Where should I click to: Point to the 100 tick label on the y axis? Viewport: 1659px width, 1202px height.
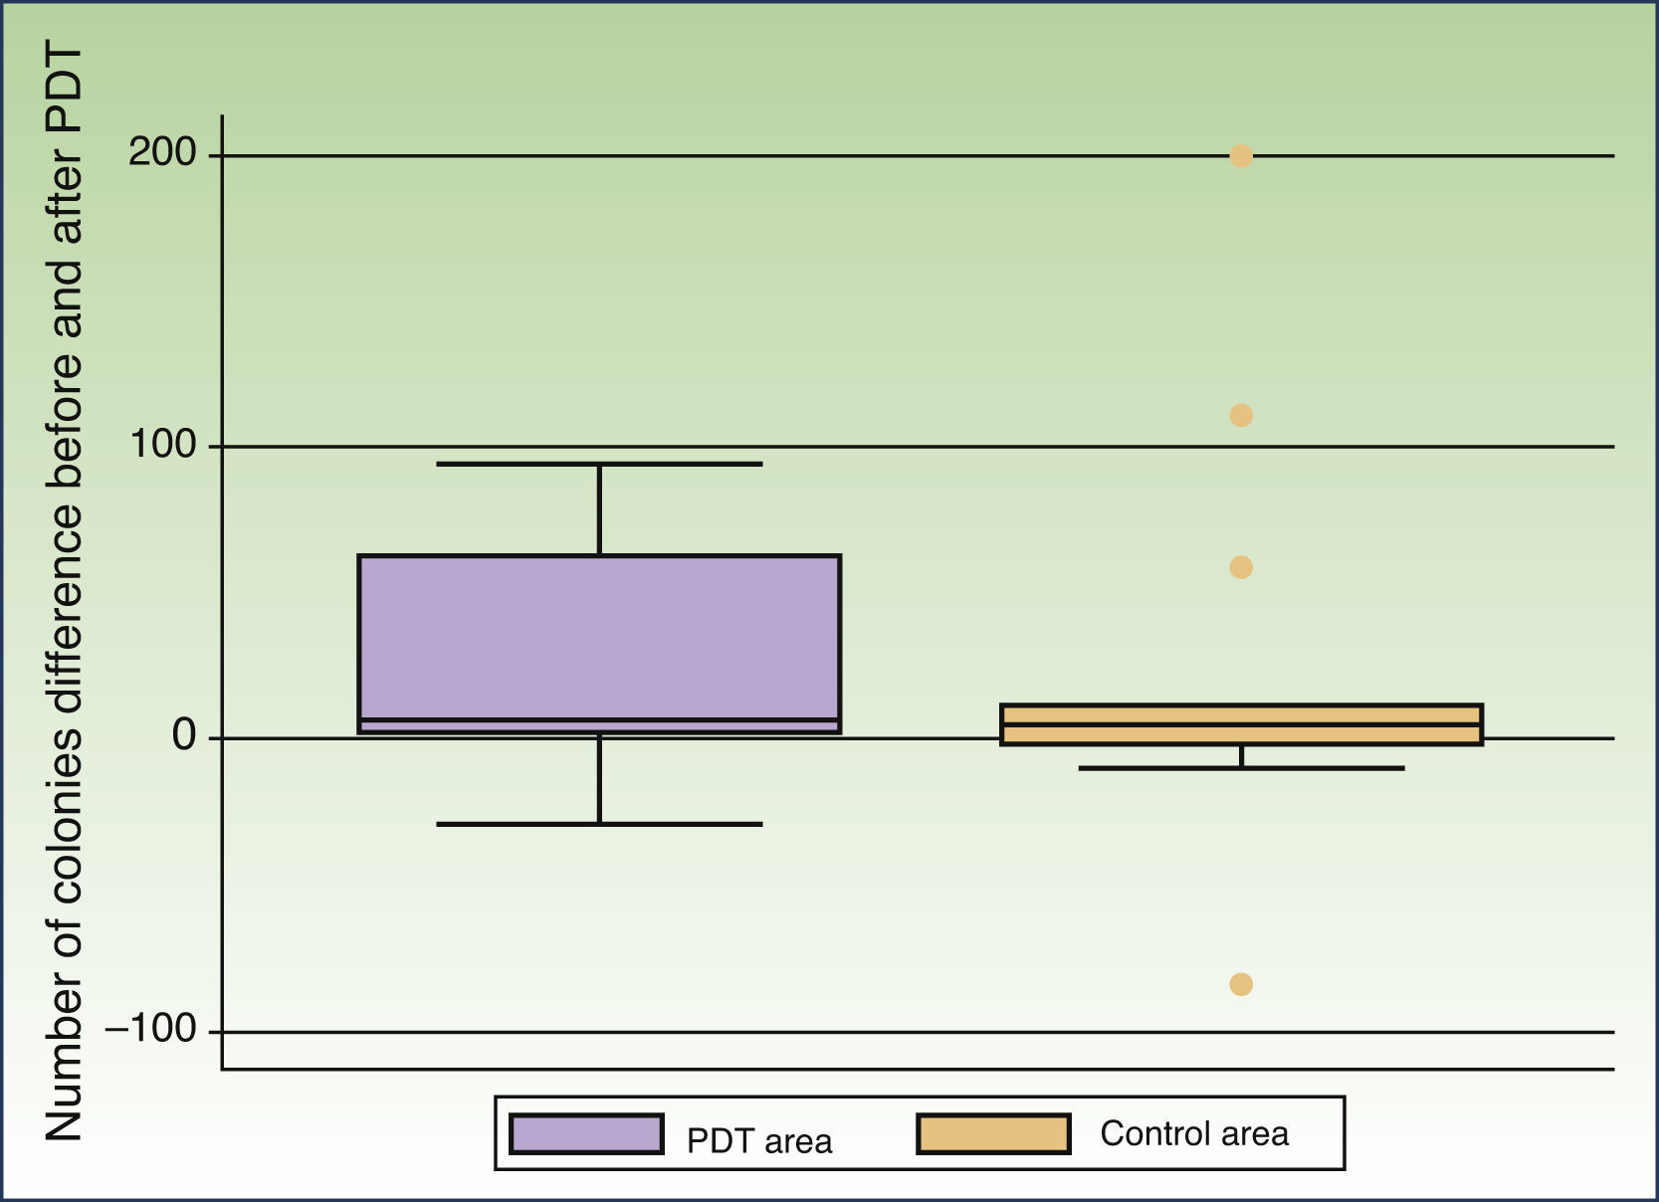point(162,445)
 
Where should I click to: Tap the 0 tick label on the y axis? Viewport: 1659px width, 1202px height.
point(184,736)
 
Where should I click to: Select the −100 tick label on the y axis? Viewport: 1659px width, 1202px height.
point(151,1029)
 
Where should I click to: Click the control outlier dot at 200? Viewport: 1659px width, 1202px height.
point(1241,155)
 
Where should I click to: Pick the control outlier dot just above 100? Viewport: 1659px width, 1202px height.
point(1241,415)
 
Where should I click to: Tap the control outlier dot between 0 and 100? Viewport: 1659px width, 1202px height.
point(1241,567)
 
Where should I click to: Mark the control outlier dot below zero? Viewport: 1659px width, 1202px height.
point(1241,984)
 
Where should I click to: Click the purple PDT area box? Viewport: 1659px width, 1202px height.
point(599,637)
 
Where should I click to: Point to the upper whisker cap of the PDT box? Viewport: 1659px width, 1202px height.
point(599,464)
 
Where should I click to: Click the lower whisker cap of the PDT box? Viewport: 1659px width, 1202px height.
point(599,824)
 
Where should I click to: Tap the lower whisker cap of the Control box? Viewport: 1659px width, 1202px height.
point(1241,768)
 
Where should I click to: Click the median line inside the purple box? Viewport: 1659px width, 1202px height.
point(599,719)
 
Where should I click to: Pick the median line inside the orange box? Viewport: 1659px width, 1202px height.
point(1241,724)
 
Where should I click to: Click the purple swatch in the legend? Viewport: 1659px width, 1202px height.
point(586,1134)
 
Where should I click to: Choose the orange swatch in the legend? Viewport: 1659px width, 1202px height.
point(993,1134)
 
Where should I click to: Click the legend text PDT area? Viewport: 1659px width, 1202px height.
point(759,1140)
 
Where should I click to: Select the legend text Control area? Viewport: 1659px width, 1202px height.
point(1193,1133)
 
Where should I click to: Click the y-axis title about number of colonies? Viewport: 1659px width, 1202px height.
point(63,592)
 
